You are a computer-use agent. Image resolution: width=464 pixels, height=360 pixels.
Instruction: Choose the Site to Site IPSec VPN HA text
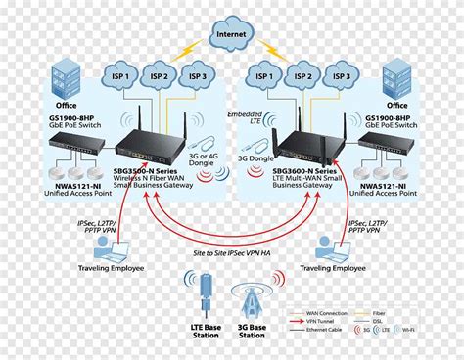click(231, 252)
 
